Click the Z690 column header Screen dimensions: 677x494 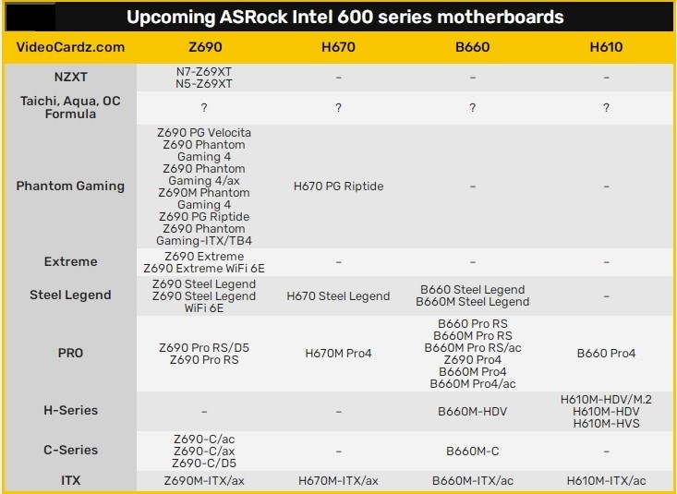205,47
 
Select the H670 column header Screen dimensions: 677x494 338,47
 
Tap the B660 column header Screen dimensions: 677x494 472,47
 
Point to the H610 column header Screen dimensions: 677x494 606,47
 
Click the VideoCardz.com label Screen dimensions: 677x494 70,47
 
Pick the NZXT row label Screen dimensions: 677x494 70,77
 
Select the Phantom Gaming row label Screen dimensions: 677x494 70,186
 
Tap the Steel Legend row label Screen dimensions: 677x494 70,295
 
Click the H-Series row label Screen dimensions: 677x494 70,410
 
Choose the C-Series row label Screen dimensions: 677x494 70,450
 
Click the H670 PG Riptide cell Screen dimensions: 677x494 338,187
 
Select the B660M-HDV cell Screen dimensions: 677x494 472,412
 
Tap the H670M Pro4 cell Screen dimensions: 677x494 338,354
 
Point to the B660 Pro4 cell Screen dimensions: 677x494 606,354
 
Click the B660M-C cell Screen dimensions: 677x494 472,452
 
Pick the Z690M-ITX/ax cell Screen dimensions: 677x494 204,481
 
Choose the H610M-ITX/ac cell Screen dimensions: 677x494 606,481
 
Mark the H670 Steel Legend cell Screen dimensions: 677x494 338,296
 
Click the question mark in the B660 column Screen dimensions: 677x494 472,107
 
